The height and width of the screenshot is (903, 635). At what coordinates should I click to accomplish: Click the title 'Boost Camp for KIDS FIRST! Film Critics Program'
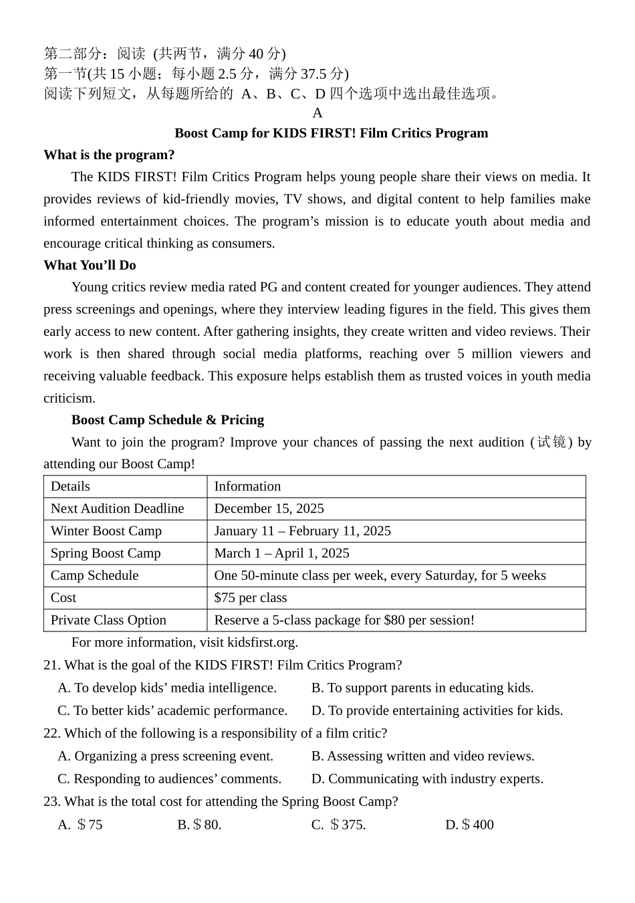pyautogui.click(x=331, y=133)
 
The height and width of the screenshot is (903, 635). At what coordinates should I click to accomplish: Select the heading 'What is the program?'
pyautogui.click(x=109, y=155)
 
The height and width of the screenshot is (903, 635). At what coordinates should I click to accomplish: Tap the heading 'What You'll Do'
pyautogui.click(x=90, y=266)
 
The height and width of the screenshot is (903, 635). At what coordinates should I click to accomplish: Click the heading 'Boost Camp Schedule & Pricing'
pyautogui.click(x=167, y=420)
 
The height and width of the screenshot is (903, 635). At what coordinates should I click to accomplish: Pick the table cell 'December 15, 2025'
pyautogui.click(x=269, y=508)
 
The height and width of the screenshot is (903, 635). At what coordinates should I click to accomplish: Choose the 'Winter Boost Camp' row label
pyautogui.click(x=106, y=531)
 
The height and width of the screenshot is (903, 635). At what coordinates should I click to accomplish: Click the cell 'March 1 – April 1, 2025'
pyautogui.click(x=281, y=553)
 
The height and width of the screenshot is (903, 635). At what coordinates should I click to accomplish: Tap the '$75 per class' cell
pyautogui.click(x=250, y=598)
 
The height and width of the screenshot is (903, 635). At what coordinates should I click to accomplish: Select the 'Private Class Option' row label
pyautogui.click(x=108, y=620)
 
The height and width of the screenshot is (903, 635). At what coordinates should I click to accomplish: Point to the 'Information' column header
pyautogui.click(x=247, y=486)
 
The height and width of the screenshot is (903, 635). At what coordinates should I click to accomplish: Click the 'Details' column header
pyautogui.click(x=70, y=486)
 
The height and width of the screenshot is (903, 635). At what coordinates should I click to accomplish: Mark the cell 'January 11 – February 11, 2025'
pyautogui.click(x=302, y=531)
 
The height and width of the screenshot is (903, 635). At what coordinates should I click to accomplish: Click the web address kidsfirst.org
pyautogui.click(x=262, y=643)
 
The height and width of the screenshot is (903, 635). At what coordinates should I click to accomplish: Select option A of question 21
pyautogui.click(x=167, y=688)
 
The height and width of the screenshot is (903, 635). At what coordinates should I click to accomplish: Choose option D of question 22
pyautogui.click(x=427, y=779)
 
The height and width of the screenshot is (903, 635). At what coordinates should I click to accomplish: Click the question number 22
pyautogui.click(x=51, y=734)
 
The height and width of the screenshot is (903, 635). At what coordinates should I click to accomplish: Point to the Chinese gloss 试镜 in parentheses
pyautogui.click(x=551, y=442)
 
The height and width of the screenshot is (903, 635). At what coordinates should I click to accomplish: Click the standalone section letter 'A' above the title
pyautogui.click(x=317, y=113)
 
